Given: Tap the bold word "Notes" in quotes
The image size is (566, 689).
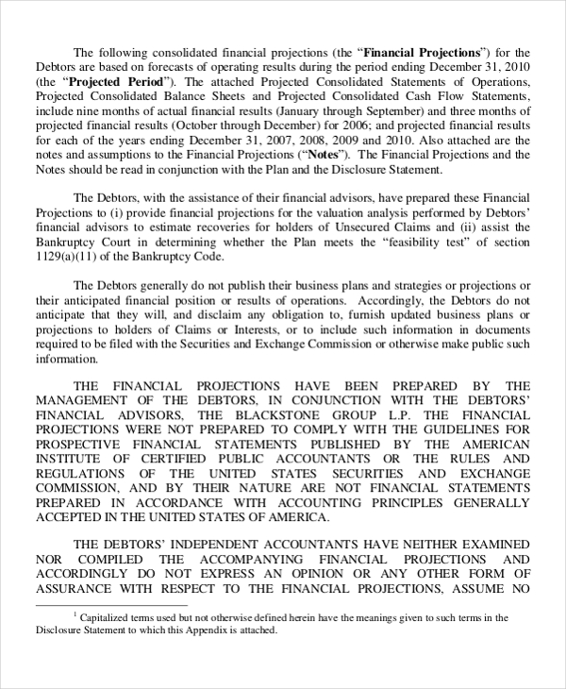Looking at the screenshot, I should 323,154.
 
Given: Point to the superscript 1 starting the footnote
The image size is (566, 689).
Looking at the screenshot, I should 75,615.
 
